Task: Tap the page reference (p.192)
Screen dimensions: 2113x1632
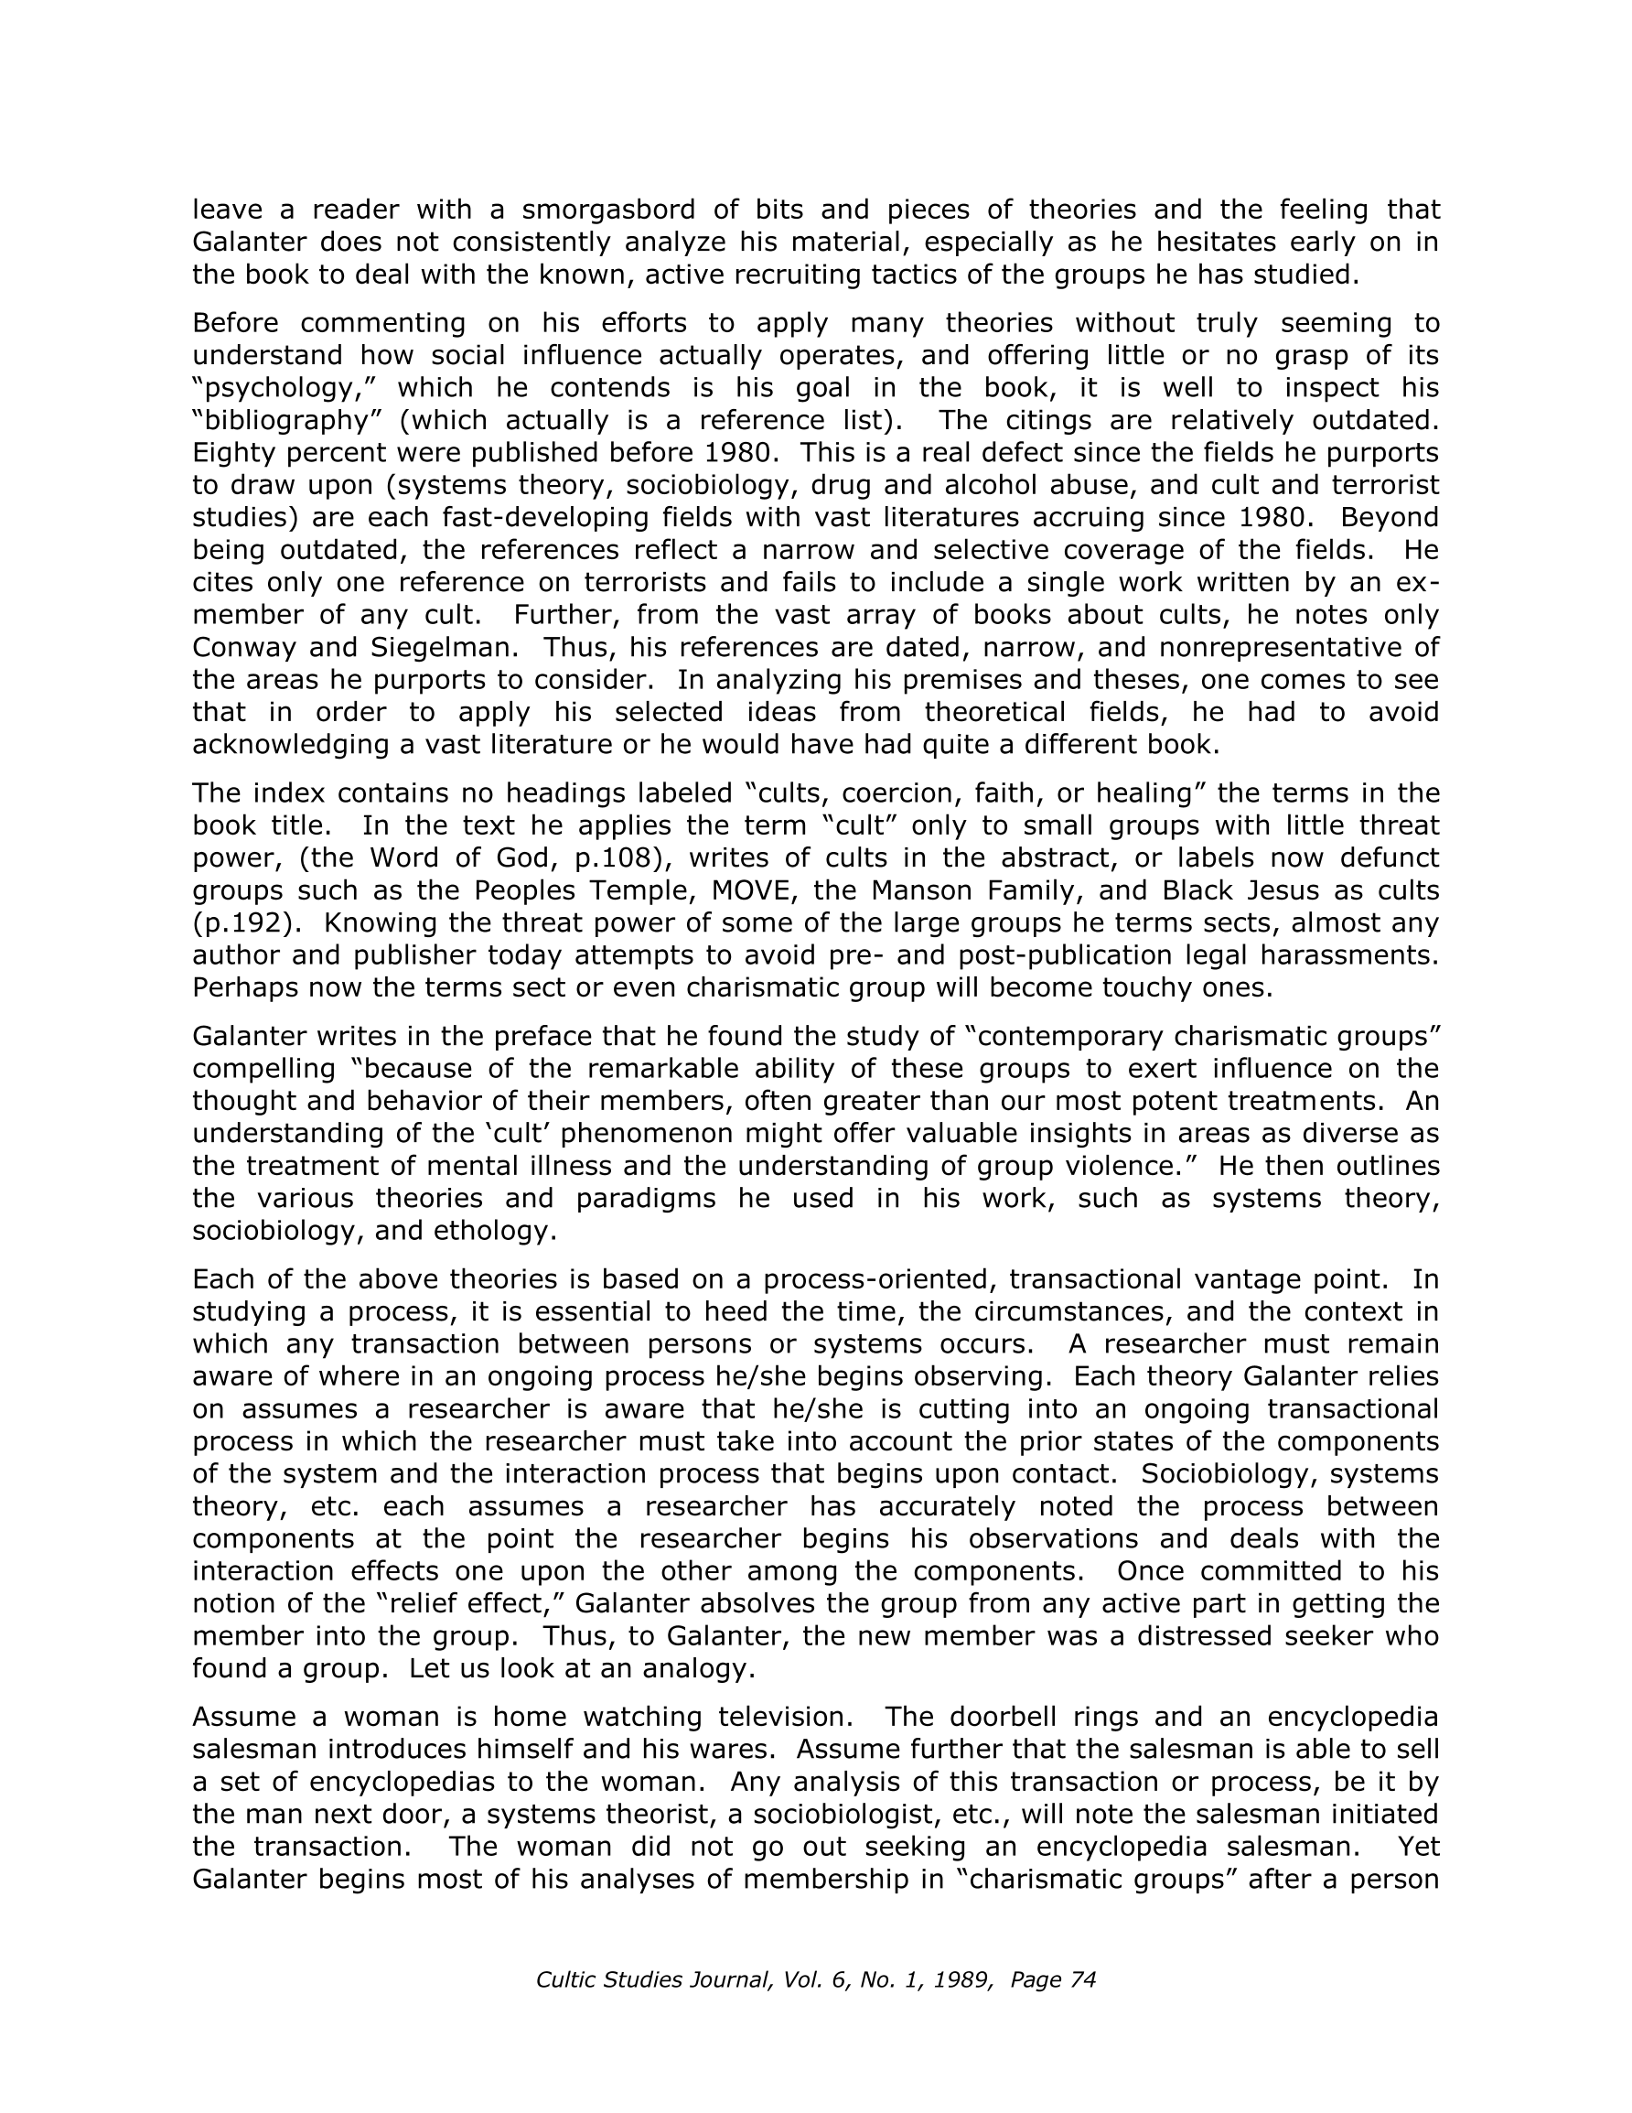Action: pyautogui.click(x=242, y=923)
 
